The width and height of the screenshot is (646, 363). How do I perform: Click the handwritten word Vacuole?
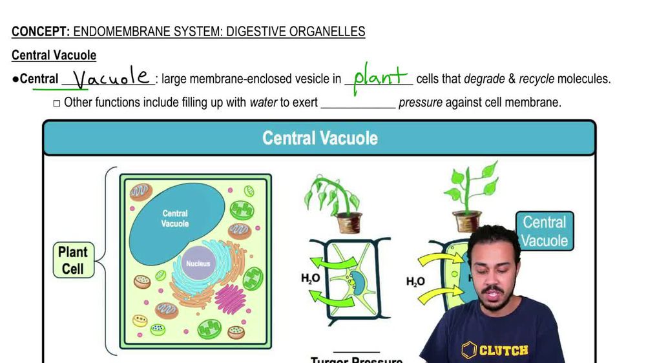111,79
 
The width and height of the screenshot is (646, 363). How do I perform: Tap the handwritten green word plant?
379,78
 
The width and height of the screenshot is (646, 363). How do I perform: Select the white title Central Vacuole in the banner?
320,138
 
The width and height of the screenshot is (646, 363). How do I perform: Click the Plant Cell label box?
73,260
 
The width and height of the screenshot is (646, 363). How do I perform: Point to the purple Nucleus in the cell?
198,264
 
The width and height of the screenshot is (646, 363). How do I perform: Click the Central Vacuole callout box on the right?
544,231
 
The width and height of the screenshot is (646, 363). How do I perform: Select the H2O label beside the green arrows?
310,279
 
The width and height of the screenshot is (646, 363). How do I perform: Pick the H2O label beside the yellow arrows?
415,282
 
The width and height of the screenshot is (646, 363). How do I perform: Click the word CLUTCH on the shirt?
503,351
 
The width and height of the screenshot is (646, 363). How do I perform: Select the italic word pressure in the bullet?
419,102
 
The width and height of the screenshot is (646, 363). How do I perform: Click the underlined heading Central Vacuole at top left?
54,56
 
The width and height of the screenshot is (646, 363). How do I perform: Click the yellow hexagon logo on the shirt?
470,351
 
